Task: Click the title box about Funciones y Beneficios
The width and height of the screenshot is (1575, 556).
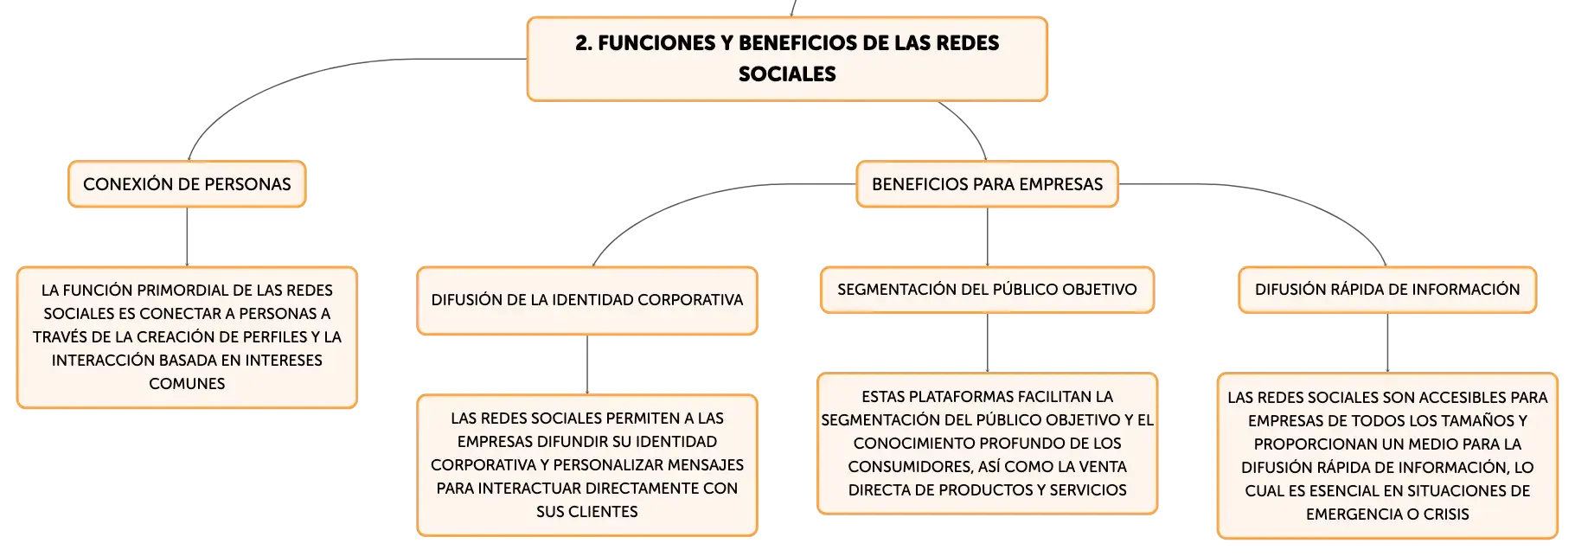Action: pos(787,59)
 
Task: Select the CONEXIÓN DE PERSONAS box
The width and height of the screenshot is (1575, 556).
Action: pos(187,184)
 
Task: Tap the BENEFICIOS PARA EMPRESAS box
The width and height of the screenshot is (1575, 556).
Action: pos(987,184)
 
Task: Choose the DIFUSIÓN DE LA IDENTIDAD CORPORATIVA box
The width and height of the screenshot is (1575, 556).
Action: pos(587,300)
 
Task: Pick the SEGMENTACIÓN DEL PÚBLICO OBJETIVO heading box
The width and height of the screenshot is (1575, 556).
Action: pos(987,290)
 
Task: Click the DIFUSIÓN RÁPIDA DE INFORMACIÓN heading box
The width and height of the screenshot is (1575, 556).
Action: pos(1387,290)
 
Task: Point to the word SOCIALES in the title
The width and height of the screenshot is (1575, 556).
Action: pos(787,74)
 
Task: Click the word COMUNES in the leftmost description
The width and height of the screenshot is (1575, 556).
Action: pos(187,384)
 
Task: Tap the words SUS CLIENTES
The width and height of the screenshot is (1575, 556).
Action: pos(587,512)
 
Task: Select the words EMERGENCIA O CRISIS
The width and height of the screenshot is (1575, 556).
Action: pos(1387,514)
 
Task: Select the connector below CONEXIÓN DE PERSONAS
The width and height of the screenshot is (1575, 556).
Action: pos(187,237)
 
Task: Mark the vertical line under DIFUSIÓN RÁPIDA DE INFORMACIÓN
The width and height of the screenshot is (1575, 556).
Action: pos(1387,343)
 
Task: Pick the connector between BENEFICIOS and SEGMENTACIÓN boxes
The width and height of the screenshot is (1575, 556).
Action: pos(987,237)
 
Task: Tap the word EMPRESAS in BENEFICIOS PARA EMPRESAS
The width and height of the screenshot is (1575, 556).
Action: pos(1060,184)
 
